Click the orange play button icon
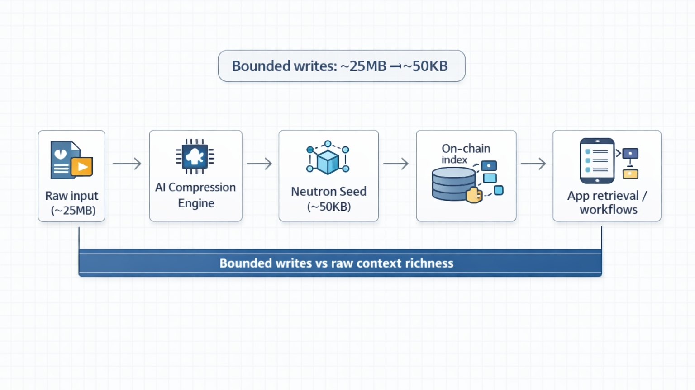point(82,167)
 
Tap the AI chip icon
point(195,156)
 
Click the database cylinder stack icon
point(454,183)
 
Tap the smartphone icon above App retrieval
point(597,160)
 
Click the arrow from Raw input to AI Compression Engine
point(127,164)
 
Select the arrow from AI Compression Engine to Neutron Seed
point(259,164)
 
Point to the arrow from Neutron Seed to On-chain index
point(396,164)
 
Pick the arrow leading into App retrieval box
point(533,164)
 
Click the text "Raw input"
point(71,196)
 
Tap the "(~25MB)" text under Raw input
point(73,211)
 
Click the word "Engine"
point(196,203)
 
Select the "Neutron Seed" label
point(328,192)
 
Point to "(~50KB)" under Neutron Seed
point(329,207)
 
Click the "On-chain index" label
point(466,154)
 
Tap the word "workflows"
point(609,210)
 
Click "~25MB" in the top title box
point(363,66)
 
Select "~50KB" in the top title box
point(426,66)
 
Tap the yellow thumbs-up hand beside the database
point(473,195)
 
